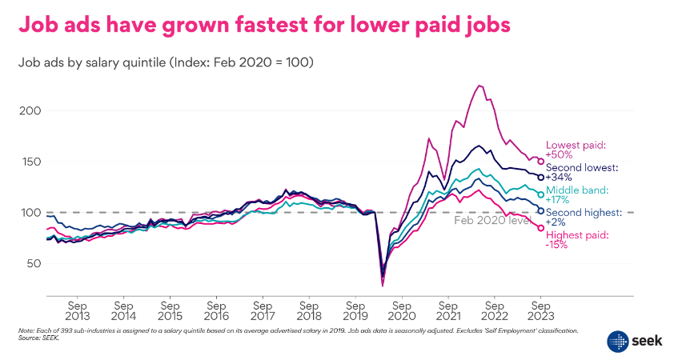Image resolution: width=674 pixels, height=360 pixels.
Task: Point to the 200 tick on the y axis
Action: pos(30,110)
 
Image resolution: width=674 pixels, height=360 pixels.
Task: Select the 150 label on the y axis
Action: pos(30,161)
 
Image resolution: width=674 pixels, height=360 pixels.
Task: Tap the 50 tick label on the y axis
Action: pos(33,263)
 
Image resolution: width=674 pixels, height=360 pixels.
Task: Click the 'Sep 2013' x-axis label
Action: pos(77,311)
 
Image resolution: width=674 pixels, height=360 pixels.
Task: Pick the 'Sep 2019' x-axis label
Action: pos(355,311)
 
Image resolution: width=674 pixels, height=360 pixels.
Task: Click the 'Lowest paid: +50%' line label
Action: pos(576,150)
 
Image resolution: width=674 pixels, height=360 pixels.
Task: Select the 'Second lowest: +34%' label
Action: pos(582,172)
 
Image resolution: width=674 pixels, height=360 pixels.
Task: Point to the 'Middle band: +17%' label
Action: pos(576,195)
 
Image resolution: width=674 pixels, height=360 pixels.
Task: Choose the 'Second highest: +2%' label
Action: pos(584,218)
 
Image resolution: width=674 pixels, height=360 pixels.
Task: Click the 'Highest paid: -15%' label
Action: pos(576,240)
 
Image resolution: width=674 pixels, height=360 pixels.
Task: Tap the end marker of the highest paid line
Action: pos(540,228)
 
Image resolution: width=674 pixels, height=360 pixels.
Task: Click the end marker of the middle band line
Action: pos(540,194)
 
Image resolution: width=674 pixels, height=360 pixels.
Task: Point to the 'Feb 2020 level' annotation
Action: pos(491,220)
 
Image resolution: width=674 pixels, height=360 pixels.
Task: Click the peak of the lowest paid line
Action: pos(479,86)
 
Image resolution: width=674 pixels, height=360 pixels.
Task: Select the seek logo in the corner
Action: pos(632,339)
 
